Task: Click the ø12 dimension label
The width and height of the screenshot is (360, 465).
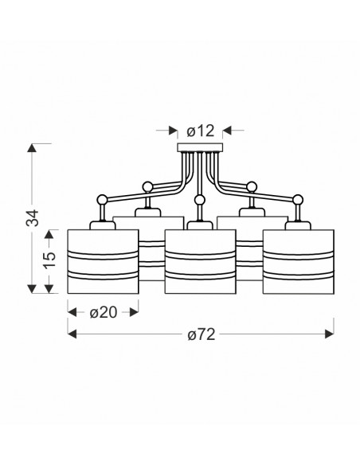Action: [x=200, y=131]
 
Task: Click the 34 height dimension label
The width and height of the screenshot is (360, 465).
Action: [x=33, y=218]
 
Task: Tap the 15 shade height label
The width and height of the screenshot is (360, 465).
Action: [x=49, y=260]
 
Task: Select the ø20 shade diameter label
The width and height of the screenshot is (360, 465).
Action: [x=104, y=312]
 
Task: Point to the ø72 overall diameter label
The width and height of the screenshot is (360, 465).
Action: [x=201, y=334]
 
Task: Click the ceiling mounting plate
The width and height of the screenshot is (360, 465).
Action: [x=200, y=147]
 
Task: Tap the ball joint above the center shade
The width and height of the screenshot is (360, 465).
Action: [x=200, y=200]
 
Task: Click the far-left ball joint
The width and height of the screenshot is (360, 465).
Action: [x=102, y=200]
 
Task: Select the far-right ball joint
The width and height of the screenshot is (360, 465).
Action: [x=297, y=200]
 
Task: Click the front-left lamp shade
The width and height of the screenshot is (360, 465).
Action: [x=103, y=261]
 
